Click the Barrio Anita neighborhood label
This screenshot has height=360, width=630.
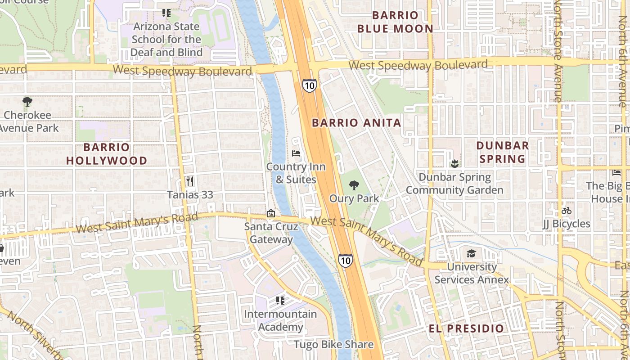(356, 123)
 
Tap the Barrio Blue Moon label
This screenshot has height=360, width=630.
(395, 22)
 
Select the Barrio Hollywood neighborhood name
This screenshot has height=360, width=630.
(107, 154)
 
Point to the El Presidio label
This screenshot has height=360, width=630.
(466, 328)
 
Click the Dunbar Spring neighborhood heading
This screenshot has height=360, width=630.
(502, 152)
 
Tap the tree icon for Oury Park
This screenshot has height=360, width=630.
(354, 185)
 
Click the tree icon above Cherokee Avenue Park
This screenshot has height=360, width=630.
(27, 102)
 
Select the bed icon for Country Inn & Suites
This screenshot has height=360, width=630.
(296, 153)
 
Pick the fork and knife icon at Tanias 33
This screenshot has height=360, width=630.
(190, 181)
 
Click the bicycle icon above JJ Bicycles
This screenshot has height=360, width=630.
(567, 211)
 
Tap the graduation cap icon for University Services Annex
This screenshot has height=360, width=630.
(471, 253)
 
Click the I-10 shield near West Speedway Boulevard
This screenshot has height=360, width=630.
(309, 85)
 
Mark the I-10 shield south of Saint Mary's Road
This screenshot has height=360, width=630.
(345, 261)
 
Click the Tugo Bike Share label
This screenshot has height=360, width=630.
(333, 345)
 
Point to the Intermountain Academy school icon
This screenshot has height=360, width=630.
(280, 300)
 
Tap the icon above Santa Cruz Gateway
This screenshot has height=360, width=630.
(271, 213)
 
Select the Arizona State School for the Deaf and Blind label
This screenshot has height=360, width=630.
(166, 40)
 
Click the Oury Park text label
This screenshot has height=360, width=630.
(354, 198)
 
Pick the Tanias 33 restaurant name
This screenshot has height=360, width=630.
(190, 195)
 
